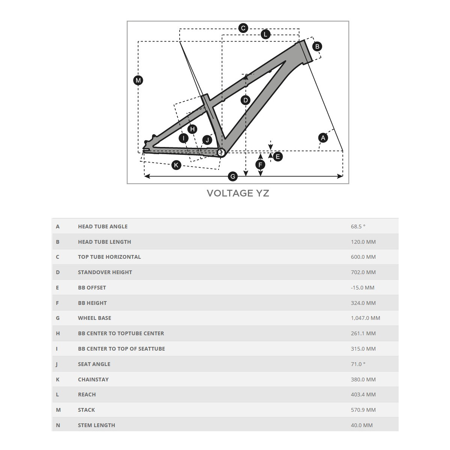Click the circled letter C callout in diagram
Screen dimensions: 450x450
pyautogui.click(x=243, y=28)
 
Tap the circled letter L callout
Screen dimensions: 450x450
pyautogui.click(x=265, y=34)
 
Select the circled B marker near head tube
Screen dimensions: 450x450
pyautogui.click(x=317, y=46)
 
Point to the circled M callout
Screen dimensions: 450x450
pyautogui.click(x=138, y=80)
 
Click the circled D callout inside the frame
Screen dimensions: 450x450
pyautogui.click(x=245, y=100)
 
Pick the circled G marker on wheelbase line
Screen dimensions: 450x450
pyautogui.click(x=233, y=176)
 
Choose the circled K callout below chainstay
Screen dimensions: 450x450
pyautogui.click(x=176, y=165)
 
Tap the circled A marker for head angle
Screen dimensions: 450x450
pyautogui.click(x=323, y=138)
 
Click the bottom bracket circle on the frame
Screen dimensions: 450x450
pyautogui.click(x=221, y=152)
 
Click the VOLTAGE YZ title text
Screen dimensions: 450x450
pyautogui.click(x=238, y=193)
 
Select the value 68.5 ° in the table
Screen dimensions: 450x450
pyautogui.click(x=358, y=226)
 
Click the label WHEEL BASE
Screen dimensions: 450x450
pyautogui.click(x=94, y=318)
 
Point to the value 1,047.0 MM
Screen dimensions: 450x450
pyautogui.click(x=365, y=318)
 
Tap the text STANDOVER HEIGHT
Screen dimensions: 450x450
pyautogui.click(x=105, y=272)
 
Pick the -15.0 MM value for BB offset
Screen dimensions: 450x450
pyautogui.click(x=363, y=288)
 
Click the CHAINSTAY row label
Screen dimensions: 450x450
pyautogui.click(x=93, y=379)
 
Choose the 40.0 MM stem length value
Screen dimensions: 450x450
pyautogui.click(x=362, y=425)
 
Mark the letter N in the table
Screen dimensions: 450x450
pyautogui.click(x=58, y=425)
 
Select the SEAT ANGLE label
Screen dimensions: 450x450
pyautogui.click(x=94, y=364)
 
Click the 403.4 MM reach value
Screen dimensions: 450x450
pyautogui.click(x=363, y=394)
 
